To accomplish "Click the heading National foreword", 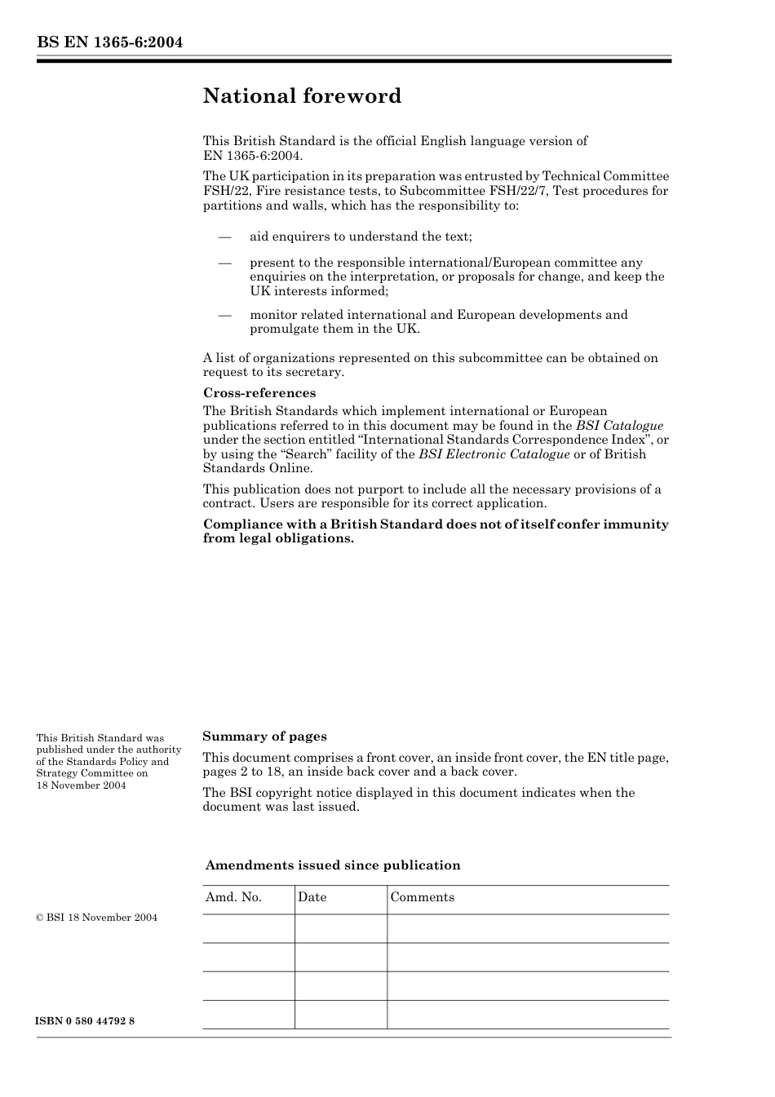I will (x=302, y=96).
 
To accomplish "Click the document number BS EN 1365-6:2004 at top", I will (x=109, y=42).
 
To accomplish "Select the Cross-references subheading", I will (x=259, y=393).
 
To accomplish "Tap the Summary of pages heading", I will (x=264, y=736).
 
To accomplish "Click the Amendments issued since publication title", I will (x=332, y=865).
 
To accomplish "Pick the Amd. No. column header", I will (x=233, y=897).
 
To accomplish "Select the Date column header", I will (x=312, y=897).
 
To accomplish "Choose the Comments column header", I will (x=422, y=897).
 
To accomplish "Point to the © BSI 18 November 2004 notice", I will (x=97, y=918).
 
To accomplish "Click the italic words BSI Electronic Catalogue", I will (x=494, y=454).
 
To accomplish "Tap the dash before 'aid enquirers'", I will (x=224, y=237).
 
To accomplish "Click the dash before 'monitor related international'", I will (x=224, y=315).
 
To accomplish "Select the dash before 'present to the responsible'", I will (x=224, y=263).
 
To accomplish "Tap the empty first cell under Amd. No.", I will (x=248, y=928).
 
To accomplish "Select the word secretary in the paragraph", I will (x=315, y=372).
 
